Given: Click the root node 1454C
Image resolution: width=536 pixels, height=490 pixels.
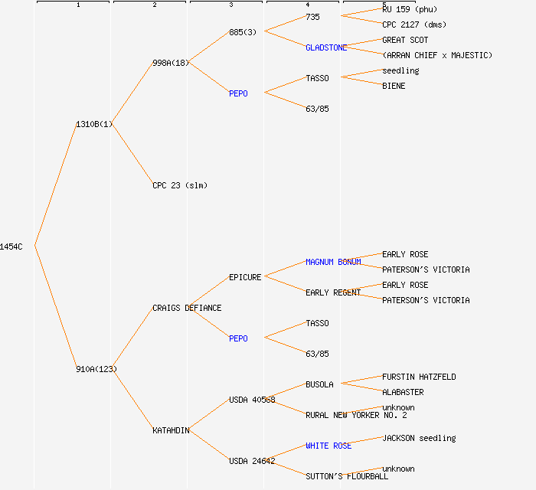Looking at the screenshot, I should click(x=11, y=247).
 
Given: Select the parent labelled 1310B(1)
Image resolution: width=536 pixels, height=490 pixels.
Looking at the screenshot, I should click(x=94, y=124).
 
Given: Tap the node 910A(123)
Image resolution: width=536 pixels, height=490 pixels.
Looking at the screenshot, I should click(x=96, y=369).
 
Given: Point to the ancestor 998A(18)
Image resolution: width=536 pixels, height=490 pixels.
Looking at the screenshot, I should click(x=171, y=63).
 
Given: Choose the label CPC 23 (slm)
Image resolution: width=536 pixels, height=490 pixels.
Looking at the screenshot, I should click(x=180, y=185).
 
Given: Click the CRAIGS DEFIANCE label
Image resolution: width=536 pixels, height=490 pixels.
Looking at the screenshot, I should click(x=187, y=308).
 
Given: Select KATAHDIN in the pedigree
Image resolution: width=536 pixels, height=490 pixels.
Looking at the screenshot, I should click(x=171, y=430).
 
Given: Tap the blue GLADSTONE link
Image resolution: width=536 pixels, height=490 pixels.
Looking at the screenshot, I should click(x=326, y=47).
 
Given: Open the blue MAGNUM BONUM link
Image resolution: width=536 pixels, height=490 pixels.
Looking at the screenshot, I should click(x=333, y=262).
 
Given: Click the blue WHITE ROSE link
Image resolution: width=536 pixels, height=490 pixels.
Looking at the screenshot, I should click(x=328, y=446).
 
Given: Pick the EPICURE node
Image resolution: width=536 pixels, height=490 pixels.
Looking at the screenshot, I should click(x=245, y=277).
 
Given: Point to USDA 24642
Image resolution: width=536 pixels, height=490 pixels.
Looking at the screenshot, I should click(x=252, y=461).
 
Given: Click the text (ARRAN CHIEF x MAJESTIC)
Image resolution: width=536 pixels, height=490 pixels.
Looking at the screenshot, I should click(x=437, y=55).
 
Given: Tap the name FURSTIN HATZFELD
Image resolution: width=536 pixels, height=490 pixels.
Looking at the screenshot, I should click(x=419, y=377).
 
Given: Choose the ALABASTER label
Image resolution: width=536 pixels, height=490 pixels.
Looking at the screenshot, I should click(x=403, y=392).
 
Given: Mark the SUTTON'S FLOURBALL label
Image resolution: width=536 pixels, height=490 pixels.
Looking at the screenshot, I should click(x=347, y=476).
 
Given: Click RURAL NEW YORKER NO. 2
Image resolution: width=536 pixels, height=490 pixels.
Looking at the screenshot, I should click(x=356, y=415).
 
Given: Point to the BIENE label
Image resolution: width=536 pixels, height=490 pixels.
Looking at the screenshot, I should click(x=394, y=86).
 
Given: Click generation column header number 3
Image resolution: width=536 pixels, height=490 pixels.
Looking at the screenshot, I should click(x=230, y=5).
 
